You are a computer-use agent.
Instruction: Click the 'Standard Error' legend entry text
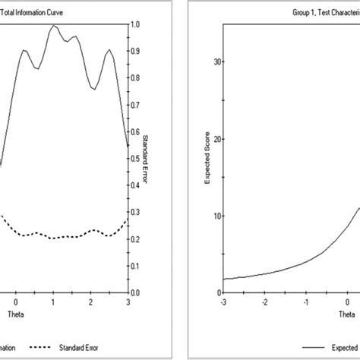coord(78,348)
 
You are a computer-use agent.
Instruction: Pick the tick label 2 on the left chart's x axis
coord(90,302)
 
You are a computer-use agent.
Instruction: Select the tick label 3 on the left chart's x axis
coord(127,302)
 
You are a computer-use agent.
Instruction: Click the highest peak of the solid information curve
coord(53,26)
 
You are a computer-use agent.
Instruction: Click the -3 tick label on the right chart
coord(223,302)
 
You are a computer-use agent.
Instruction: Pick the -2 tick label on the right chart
coord(264,302)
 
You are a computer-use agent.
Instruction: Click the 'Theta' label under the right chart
coord(346,313)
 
